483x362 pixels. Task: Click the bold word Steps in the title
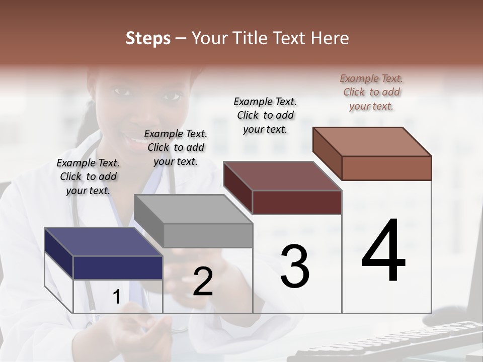coord(148,38)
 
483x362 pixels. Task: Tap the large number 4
coord(384,251)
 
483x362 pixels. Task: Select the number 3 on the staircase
coord(295,266)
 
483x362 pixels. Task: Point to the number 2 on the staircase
coord(203,282)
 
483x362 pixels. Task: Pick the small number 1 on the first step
coord(116,297)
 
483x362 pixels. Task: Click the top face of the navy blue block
coord(103,242)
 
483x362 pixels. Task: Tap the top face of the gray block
coord(193,209)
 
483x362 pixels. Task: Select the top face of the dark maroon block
coord(282,176)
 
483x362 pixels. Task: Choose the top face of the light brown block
coord(371,142)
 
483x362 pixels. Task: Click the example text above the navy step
coord(88,176)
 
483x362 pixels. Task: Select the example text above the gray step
coord(176,147)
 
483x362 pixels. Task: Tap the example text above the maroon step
coord(265,115)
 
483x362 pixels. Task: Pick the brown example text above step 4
coord(371,92)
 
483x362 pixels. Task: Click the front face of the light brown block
coord(386,168)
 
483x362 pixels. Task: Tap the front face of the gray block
coord(208,235)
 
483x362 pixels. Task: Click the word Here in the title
coord(330,38)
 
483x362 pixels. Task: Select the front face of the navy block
coord(118,267)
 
